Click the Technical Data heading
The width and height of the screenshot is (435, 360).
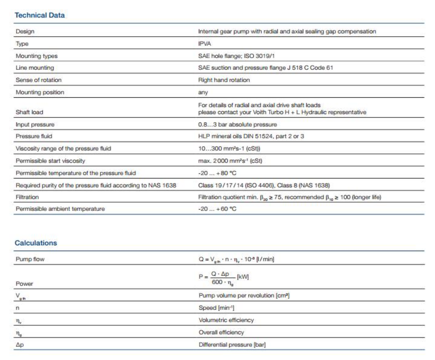(x=40, y=15)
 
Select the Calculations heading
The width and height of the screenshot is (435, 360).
(x=36, y=243)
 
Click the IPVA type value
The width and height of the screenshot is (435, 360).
(x=204, y=44)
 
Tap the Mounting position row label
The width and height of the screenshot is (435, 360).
(x=40, y=92)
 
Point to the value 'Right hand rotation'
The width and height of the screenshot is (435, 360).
(x=224, y=80)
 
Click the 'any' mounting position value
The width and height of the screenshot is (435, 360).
(x=203, y=92)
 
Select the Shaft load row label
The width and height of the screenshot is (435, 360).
(x=29, y=112)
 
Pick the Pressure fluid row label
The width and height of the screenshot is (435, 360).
(x=34, y=136)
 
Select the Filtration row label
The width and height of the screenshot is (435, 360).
(x=27, y=197)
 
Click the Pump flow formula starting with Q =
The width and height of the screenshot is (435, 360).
(x=236, y=259)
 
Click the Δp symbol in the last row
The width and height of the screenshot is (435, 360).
(x=19, y=345)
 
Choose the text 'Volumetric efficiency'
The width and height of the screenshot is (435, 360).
(x=226, y=320)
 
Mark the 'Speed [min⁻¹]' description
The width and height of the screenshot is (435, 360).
(x=217, y=308)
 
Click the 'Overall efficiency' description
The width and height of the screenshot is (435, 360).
(x=221, y=332)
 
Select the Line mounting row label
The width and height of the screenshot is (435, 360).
(x=35, y=68)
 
